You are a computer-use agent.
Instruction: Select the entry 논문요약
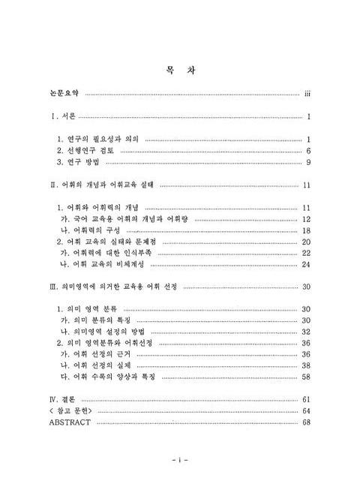pyautogui.click(x=63, y=95)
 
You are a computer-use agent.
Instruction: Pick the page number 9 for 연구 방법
pyautogui.click(x=308, y=162)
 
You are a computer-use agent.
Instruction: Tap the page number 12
pyautogui.click(x=306, y=219)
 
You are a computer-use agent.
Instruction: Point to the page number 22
pyautogui.click(x=306, y=253)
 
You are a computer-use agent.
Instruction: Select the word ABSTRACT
pyautogui.click(x=69, y=422)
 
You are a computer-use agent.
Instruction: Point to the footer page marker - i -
pyautogui.click(x=179, y=458)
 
